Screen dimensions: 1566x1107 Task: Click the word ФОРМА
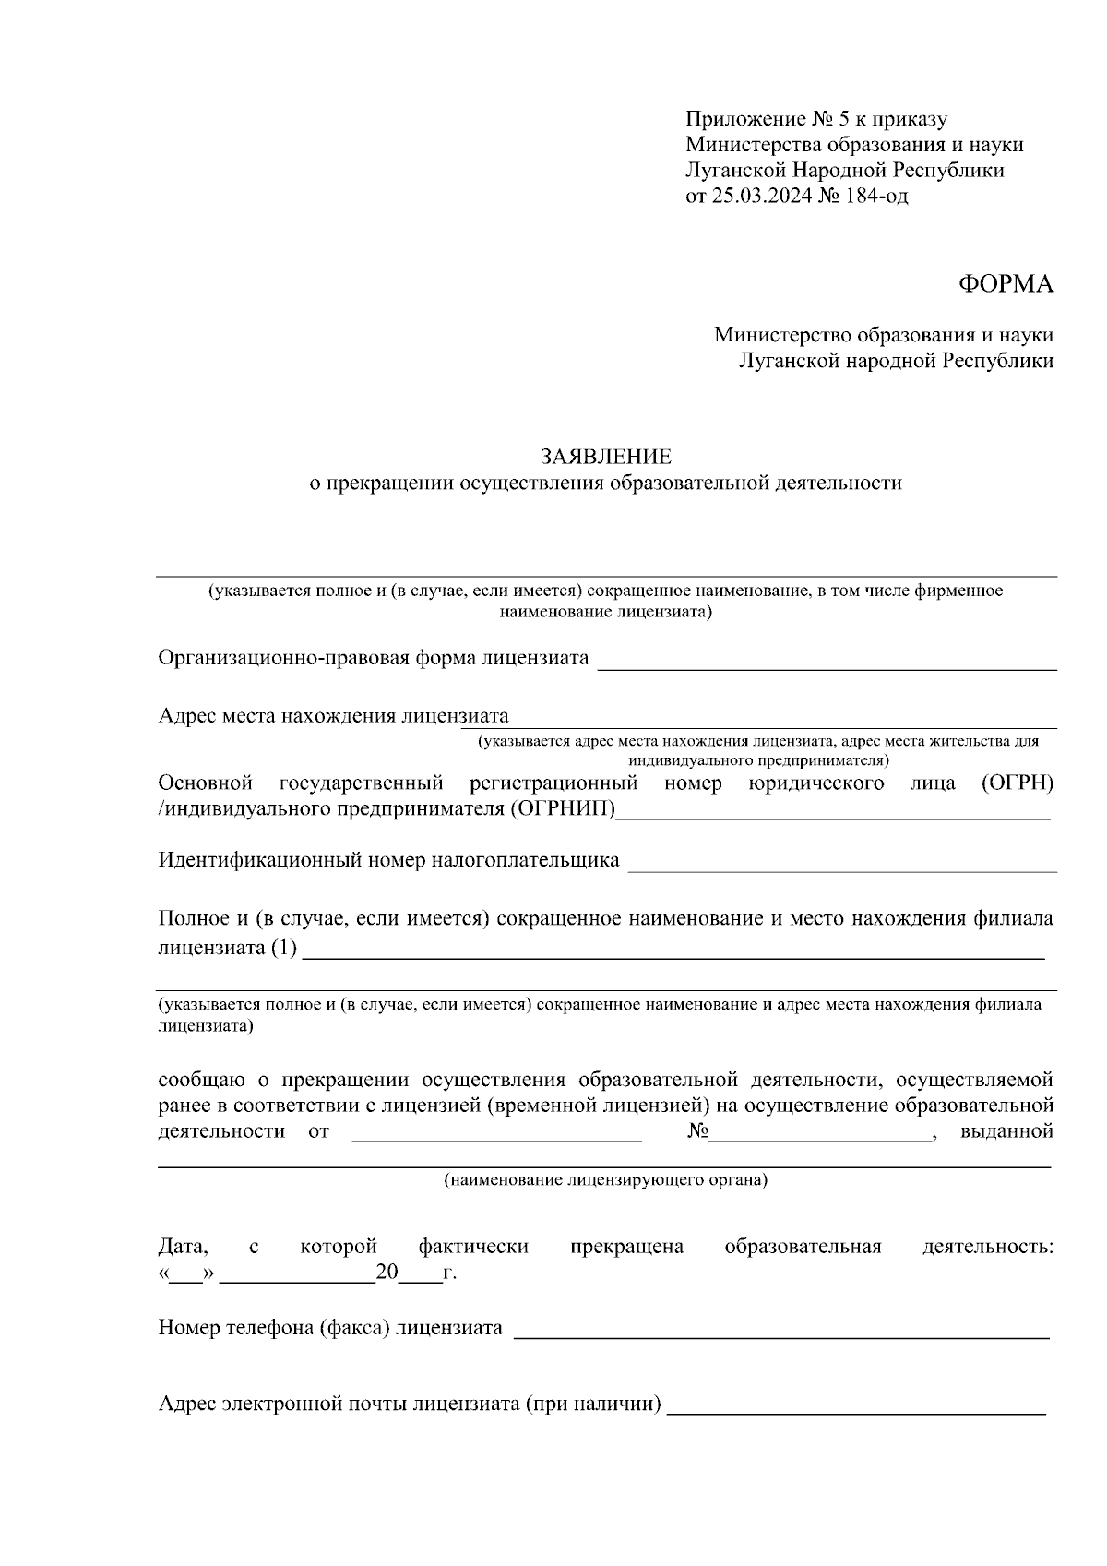click(x=1006, y=284)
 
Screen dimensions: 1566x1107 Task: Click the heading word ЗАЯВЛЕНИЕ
click(x=605, y=457)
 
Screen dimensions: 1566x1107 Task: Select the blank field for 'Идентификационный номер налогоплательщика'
click(x=841, y=866)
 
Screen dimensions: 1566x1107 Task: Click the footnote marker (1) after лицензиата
click(x=284, y=948)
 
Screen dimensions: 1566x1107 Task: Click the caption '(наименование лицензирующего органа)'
click(x=605, y=1180)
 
